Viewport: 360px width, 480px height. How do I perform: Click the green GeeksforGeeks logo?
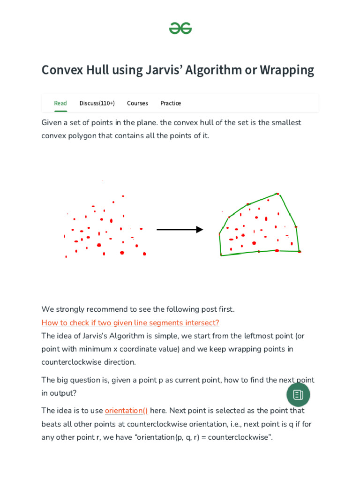180,28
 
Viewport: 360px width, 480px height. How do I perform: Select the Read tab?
60,103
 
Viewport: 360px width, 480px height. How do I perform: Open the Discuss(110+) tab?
97,103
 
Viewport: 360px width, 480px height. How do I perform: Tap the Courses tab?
137,103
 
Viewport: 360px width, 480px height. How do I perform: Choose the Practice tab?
171,103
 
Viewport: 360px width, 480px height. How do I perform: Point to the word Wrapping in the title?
286,70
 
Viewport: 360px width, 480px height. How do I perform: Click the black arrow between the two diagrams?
180,229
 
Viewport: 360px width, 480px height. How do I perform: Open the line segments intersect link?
130,322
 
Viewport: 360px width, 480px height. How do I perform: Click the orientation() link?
126,411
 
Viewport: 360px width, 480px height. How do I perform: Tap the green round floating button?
298,395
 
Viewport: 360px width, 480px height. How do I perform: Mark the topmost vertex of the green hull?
277,194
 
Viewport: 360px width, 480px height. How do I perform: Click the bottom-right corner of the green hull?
299,252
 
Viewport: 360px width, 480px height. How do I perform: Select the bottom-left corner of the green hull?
221,255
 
